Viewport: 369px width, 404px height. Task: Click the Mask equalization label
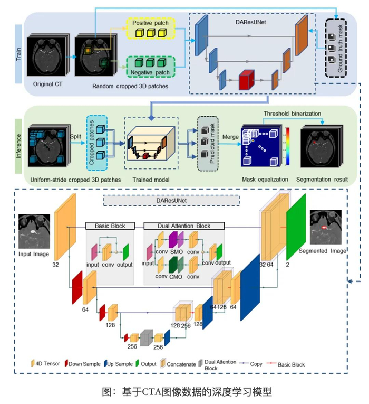[263, 180]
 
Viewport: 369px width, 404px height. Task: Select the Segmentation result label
[322, 180]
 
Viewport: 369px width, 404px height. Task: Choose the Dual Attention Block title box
[184, 226]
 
